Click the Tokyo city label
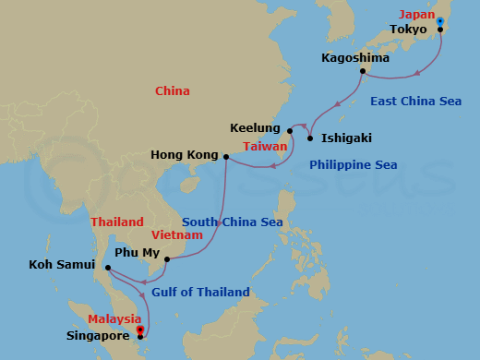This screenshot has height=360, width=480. (x=408, y=30)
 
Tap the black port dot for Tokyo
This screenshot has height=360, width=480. (x=440, y=30)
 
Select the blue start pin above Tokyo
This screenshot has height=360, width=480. (x=440, y=20)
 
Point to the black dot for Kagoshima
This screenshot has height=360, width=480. (x=363, y=71)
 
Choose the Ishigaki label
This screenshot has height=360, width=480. (x=346, y=138)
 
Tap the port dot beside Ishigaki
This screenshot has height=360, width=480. (x=310, y=138)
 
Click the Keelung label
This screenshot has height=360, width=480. (x=256, y=128)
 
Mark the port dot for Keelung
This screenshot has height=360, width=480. (x=290, y=130)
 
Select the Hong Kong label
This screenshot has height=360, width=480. (x=184, y=155)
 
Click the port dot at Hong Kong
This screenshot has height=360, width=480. (x=226, y=156)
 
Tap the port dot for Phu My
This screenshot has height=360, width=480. (x=166, y=259)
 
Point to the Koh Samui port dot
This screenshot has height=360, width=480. (x=108, y=269)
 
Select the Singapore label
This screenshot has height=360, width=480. (x=98, y=337)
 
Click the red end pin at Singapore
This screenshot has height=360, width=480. (x=139, y=329)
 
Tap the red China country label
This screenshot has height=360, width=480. (x=173, y=91)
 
